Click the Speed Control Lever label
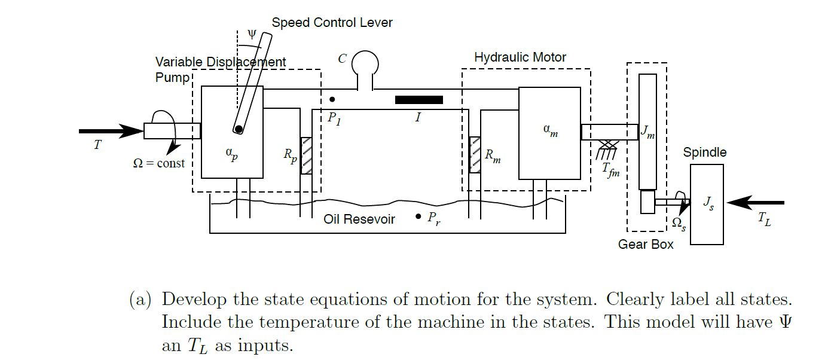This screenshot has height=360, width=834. pos(332,23)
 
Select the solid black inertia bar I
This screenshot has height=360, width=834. pos(418,100)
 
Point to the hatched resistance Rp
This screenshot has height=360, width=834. pos(306,155)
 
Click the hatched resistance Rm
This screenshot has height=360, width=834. pos(475,155)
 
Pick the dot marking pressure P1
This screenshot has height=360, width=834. pos(332,99)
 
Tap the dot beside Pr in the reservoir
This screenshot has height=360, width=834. pos(418,216)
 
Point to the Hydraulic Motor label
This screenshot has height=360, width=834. pos(520,57)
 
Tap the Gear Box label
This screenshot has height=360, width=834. pos(646,244)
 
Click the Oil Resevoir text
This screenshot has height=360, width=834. pos(359,219)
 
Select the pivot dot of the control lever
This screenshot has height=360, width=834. pos(239,129)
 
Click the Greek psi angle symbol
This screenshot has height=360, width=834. pos(252,34)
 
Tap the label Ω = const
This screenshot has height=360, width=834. pos(158,163)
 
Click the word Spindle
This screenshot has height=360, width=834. pos(705,152)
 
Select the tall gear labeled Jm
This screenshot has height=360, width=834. pos(647,132)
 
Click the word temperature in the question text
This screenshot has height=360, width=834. pos(301,322)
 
